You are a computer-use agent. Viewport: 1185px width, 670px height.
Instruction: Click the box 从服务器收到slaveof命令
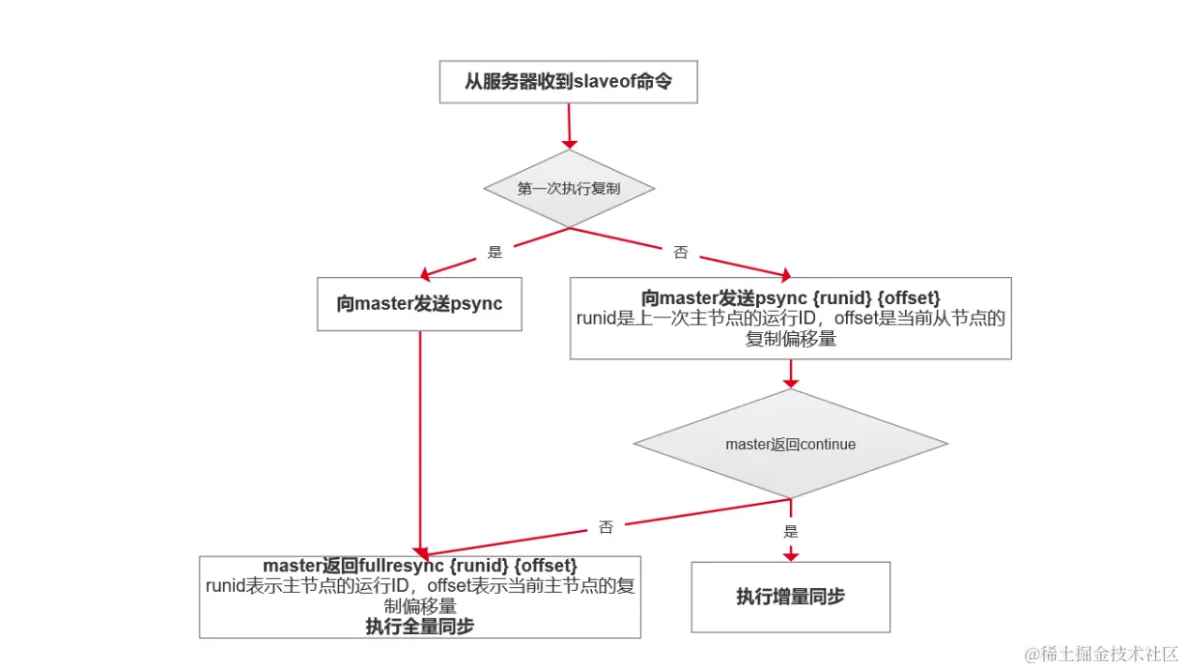[567, 82]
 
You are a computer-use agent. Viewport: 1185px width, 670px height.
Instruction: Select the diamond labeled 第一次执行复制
[568, 189]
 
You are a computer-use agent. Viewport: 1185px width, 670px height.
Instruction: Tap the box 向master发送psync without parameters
[419, 304]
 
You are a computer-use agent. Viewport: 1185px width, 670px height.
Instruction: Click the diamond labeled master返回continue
[790, 444]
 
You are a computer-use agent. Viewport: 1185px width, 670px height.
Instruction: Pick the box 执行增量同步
[790, 597]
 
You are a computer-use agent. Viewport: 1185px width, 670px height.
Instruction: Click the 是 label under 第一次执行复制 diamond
[495, 253]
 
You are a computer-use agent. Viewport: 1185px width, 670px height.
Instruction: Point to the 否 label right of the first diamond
[680, 253]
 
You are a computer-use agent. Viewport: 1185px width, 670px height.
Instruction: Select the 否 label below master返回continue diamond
[606, 527]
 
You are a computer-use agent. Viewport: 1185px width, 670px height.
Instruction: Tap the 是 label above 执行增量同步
[791, 531]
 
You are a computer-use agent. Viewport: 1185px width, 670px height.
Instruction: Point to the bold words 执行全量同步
[419, 626]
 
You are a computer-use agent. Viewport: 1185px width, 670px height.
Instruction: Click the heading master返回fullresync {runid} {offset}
[420, 565]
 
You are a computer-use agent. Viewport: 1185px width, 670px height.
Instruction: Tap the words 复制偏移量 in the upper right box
[790, 339]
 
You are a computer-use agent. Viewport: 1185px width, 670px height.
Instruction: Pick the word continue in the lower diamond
[823, 445]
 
